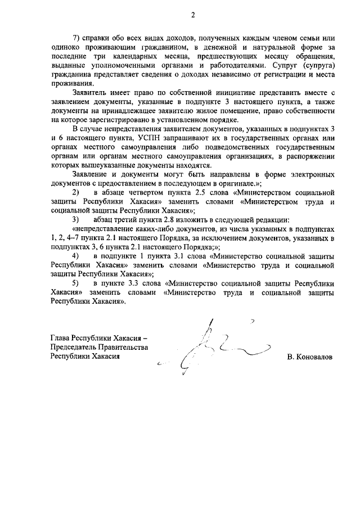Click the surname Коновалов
(308, 357)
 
